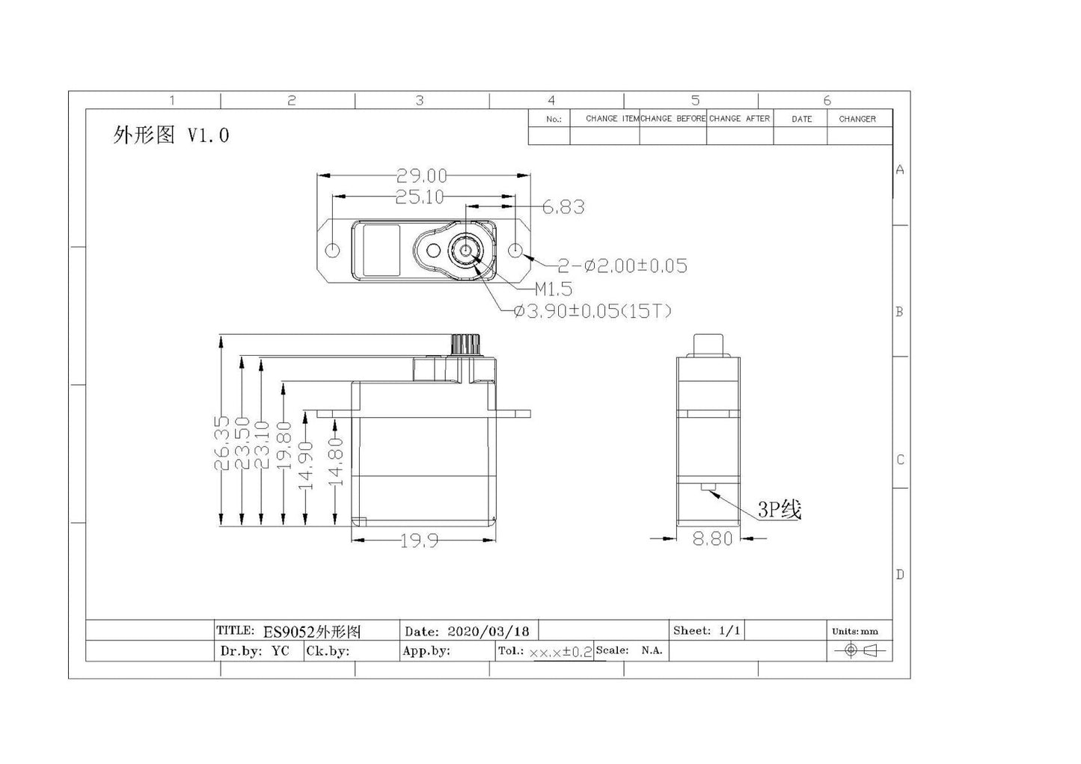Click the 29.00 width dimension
pyautogui.click(x=421, y=176)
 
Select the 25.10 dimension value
pyautogui.click(x=419, y=197)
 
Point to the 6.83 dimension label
pyautogui.click(x=563, y=207)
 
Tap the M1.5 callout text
pyautogui.click(x=553, y=289)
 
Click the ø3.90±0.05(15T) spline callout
pyautogui.click(x=592, y=311)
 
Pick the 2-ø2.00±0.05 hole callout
pyautogui.click(x=622, y=265)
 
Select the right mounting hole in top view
pyautogui.click(x=516, y=250)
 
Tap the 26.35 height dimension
pyautogui.click(x=222, y=443)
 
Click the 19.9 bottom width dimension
pyautogui.click(x=419, y=540)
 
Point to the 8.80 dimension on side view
pyautogui.click(x=712, y=538)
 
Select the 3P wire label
pyautogui.click(x=779, y=510)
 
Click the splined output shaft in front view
pyautogui.click(x=463, y=345)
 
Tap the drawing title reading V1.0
pyautogui.click(x=171, y=135)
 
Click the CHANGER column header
pyautogui.click(x=857, y=119)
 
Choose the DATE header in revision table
pyautogui.click(x=801, y=119)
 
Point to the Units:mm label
pyautogui.click(x=854, y=631)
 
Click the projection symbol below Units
pyautogui.click(x=859, y=650)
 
